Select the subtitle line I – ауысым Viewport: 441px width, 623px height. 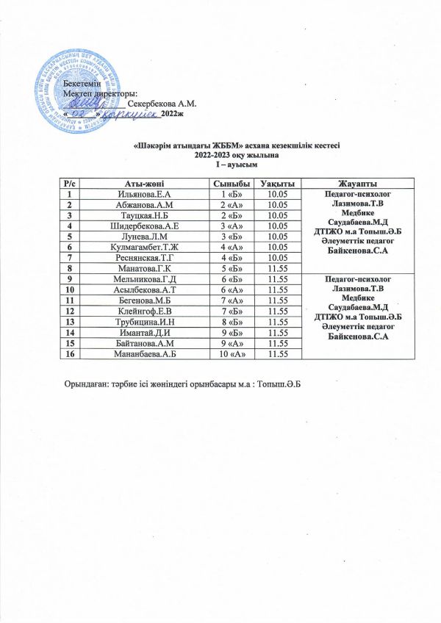[x=220, y=165]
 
